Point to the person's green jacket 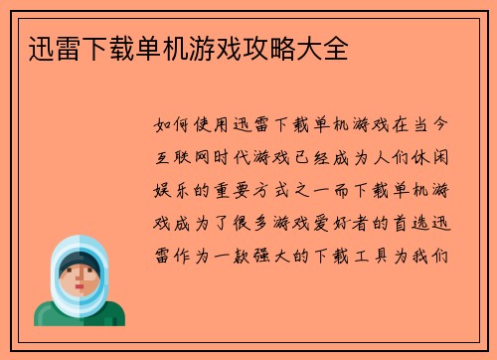[x=80, y=316]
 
